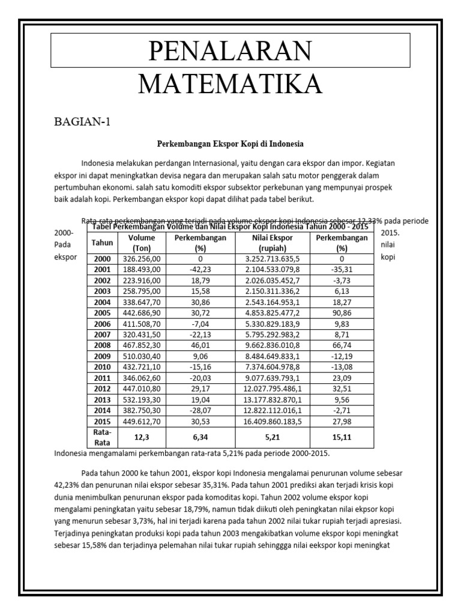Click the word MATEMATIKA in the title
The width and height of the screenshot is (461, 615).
(230, 83)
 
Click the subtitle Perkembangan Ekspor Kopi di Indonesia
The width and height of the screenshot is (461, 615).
(230, 144)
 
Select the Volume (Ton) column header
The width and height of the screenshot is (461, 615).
(142, 243)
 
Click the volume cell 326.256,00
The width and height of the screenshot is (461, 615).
(142, 258)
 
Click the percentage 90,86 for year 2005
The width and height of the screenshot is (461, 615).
(342, 313)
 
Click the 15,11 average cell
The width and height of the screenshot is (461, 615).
(342, 437)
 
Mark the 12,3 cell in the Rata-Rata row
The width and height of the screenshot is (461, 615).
(142, 437)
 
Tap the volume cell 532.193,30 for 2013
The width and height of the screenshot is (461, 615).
(142, 400)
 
